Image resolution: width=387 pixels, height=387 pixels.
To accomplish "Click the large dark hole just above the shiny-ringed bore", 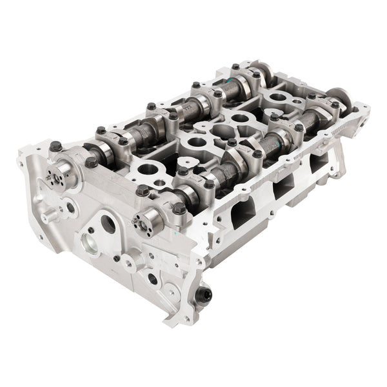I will [x=108, y=225].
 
